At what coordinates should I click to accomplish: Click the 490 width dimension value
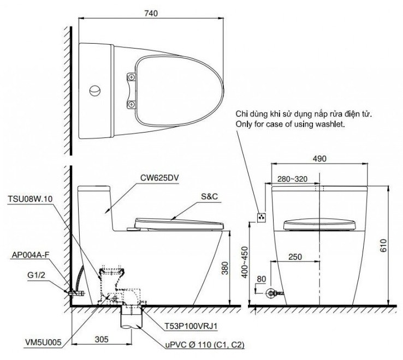(x=319, y=159)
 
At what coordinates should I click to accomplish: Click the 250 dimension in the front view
(x=295, y=256)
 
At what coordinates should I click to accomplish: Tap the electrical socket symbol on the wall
(x=261, y=217)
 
